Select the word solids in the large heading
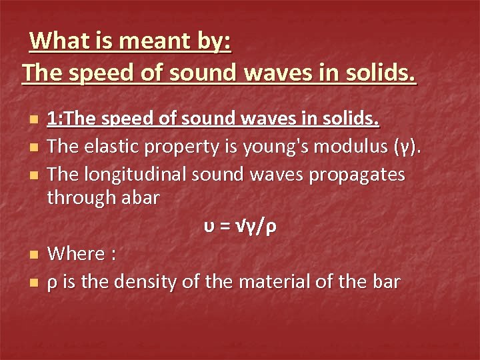click(x=375, y=71)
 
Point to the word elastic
click(x=116, y=145)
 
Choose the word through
click(x=79, y=199)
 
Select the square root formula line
click(x=240, y=227)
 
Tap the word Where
click(x=77, y=254)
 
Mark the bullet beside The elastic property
click(x=33, y=146)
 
